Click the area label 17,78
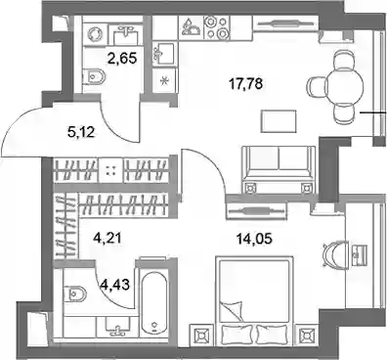click(x=245, y=84)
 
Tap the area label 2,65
click(x=121, y=59)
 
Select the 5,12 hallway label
click(x=81, y=132)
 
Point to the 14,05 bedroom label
click(x=254, y=239)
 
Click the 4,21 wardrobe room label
click(x=107, y=238)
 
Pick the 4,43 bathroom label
click(x=114, y=285)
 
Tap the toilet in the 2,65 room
click(x=94, y=77)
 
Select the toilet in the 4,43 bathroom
click(x=74, y=293)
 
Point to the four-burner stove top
click(x=215, y=27)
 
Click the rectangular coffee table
click(x=279, y=121)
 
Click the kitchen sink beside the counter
click(x=165, y=53)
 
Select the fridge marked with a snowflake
click(x=165, y=80)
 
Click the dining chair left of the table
click(x=316, y=86)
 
